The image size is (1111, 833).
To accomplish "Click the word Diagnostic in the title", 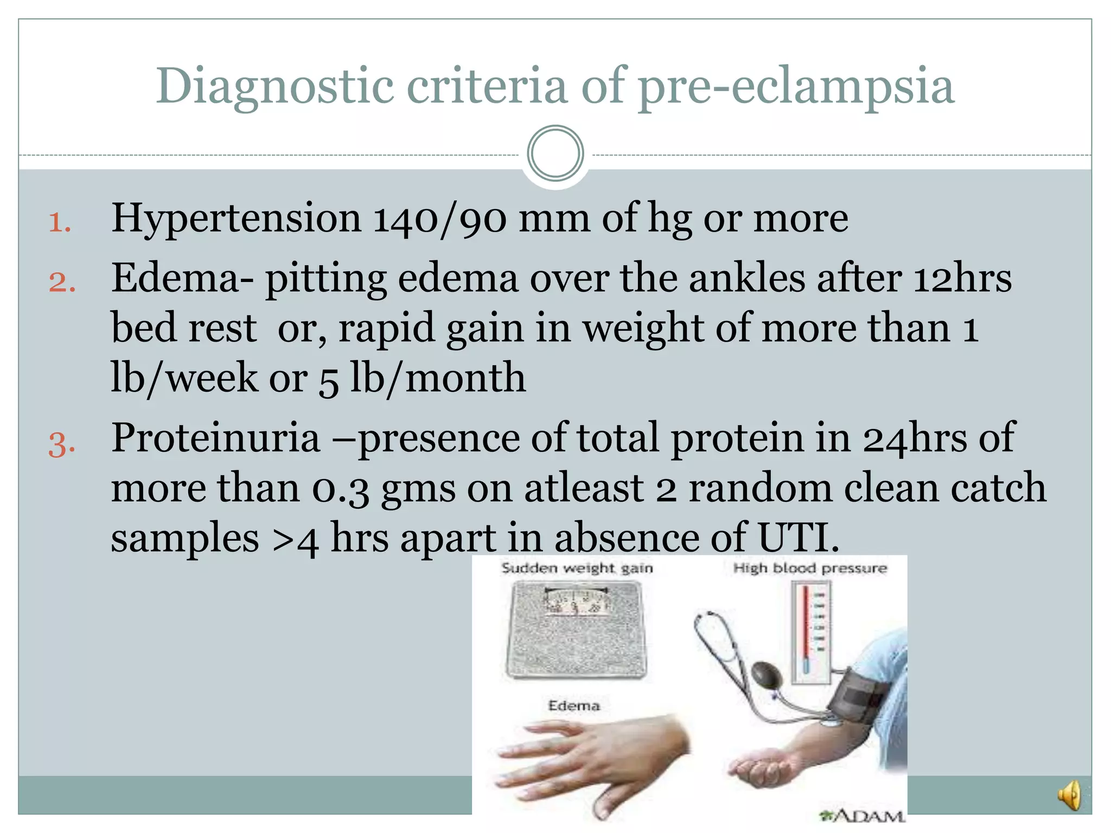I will [x=274, y=87].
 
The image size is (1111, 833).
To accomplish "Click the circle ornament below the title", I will [x=555, y=153].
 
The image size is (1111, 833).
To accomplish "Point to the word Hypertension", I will [x=236, y=219].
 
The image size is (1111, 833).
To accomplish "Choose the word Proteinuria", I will [x=215, y=438].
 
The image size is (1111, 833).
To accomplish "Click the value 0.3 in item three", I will [x=341, y=488].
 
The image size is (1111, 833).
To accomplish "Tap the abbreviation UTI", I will [x=797, y=537].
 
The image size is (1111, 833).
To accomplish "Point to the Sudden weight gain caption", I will [x=577, y=568].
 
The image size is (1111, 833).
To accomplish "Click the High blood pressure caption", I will [x=809, y=568].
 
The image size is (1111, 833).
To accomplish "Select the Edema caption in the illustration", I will [x=573, y=706].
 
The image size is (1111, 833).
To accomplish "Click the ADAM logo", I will [x=863, y=815].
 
